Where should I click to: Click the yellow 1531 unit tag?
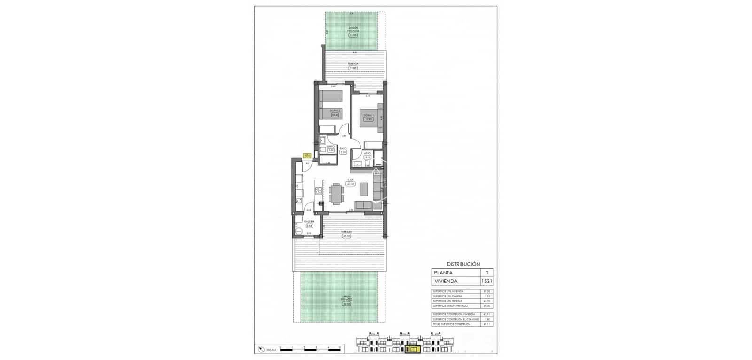pos(306,156)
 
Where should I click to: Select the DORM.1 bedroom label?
pos(368,115)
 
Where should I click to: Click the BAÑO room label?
pos(330,147)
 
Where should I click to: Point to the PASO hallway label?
pos(343,148)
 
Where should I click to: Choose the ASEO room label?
pos(368,153)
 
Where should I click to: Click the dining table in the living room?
pos(337,194)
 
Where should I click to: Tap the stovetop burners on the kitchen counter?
pos(319,191)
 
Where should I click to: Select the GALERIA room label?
pos(309,221)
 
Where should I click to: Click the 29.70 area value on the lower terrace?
pos(346,236)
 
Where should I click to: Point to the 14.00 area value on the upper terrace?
pos(352,68)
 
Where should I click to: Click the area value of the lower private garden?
pos(346,304)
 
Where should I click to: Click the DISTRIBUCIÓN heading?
pos(463,264)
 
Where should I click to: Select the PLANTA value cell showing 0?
pos(486,273)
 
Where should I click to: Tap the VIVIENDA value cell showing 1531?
pos(486,281)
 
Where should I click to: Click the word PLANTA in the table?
pos(444,273)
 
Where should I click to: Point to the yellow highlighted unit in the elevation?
pos(414,349)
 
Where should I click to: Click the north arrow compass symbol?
pos(260,349)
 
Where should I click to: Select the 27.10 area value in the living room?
pos(351,184)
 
